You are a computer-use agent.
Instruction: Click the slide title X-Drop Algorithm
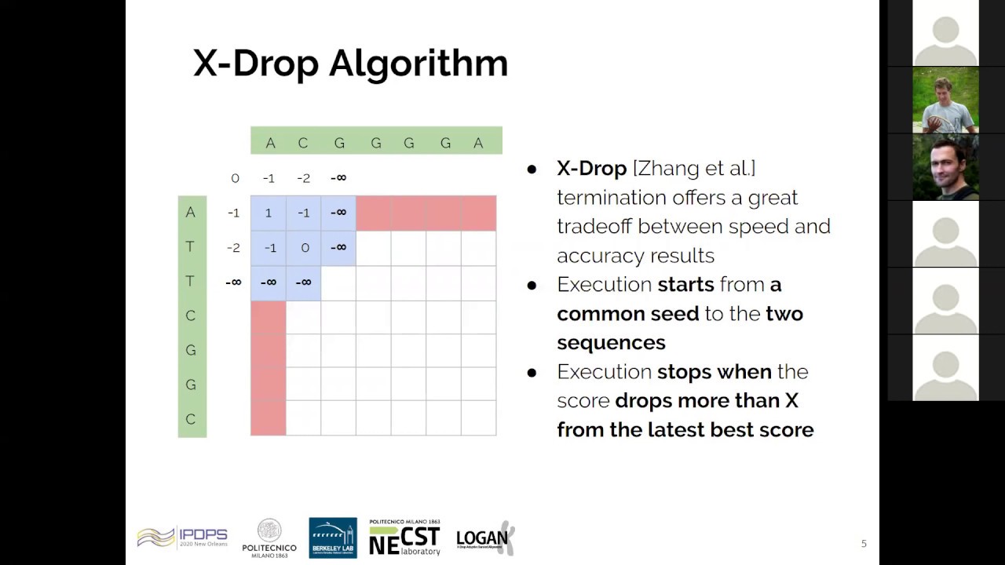[350, 64]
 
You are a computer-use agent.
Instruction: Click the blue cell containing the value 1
[268, 213]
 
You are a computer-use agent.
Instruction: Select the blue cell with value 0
[303, 247]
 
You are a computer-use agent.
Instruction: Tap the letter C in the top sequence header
[303, 143]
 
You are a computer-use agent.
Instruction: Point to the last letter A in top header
[478, 143]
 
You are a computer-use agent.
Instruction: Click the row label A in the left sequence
[191, 213]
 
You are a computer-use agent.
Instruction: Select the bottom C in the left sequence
[191, 419]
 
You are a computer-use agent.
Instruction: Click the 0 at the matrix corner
[235, 178]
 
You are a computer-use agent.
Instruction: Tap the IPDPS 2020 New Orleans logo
[182, 538]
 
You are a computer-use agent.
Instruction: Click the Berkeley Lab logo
[333, 538]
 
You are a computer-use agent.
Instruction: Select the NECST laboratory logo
[404, 538]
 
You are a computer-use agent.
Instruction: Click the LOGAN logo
[485, 538]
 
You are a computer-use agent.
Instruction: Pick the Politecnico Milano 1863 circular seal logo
[269, 530]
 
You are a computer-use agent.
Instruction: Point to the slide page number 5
[864, 544]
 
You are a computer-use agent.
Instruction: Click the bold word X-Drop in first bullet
[591, 168]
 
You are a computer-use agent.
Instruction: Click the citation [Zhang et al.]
[694, 168]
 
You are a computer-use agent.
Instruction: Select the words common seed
[627, 314]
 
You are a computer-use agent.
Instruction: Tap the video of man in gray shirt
[945, 100]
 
